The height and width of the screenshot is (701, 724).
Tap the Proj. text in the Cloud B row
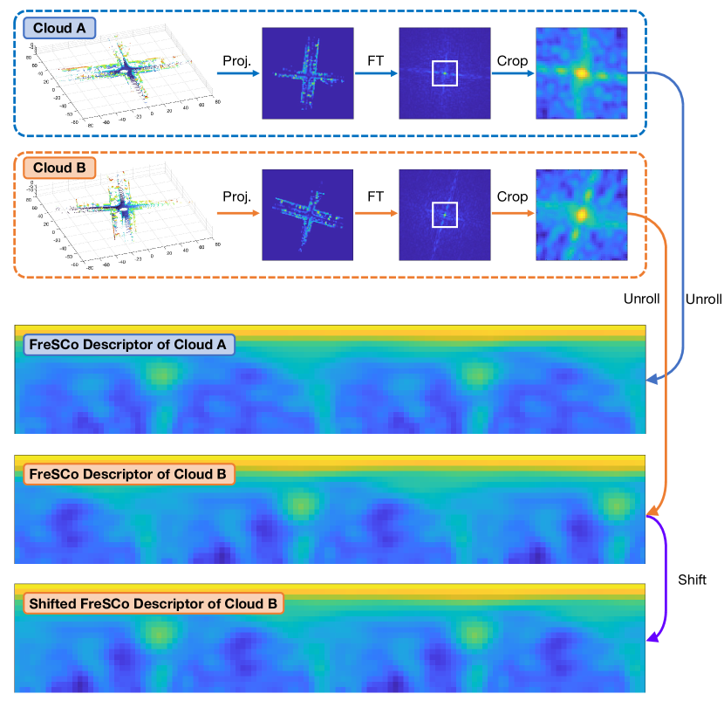point(236,196)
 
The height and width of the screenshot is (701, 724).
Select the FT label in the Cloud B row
point(376,196)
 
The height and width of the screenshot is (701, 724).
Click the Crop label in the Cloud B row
point(512,196)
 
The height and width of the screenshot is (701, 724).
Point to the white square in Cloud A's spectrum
point(444,73)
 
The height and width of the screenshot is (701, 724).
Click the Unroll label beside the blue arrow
point(704,299)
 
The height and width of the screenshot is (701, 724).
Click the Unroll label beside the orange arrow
point(641,299)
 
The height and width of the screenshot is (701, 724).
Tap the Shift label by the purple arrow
point(692,580)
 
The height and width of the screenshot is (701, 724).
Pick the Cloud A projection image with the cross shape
point(307,73)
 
